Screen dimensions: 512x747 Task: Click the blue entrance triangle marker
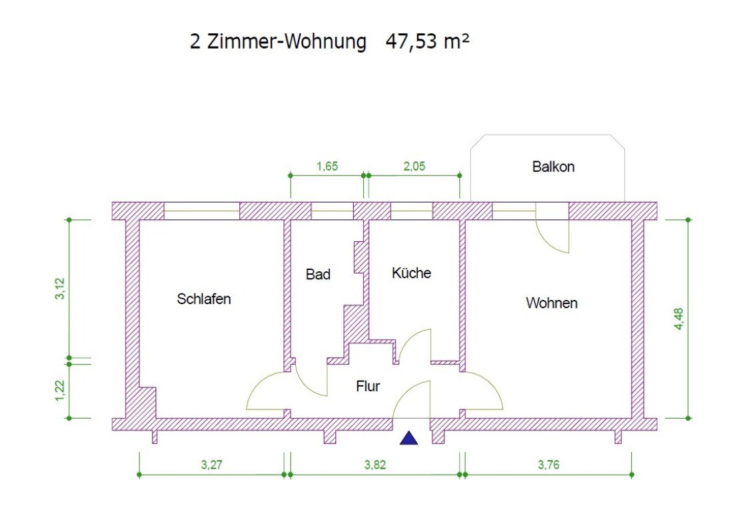[408, 438]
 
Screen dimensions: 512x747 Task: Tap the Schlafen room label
[204, 299]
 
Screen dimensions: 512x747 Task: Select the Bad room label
[318, 274]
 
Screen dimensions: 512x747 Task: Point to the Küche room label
[411, 273]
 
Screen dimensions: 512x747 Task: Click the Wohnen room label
[552, 303]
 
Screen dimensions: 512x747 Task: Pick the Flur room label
[368, 386]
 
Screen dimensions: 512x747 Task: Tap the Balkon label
[553, 167]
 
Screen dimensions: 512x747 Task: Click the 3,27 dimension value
[212, 465]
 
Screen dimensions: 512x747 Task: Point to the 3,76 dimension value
[548, 465]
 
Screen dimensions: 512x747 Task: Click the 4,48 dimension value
[678, 319]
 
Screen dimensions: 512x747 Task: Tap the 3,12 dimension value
[59, 289]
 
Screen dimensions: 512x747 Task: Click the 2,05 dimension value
[414, 166]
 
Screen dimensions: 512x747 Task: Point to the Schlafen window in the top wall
[202, 211]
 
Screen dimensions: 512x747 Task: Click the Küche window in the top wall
[411, 211]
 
